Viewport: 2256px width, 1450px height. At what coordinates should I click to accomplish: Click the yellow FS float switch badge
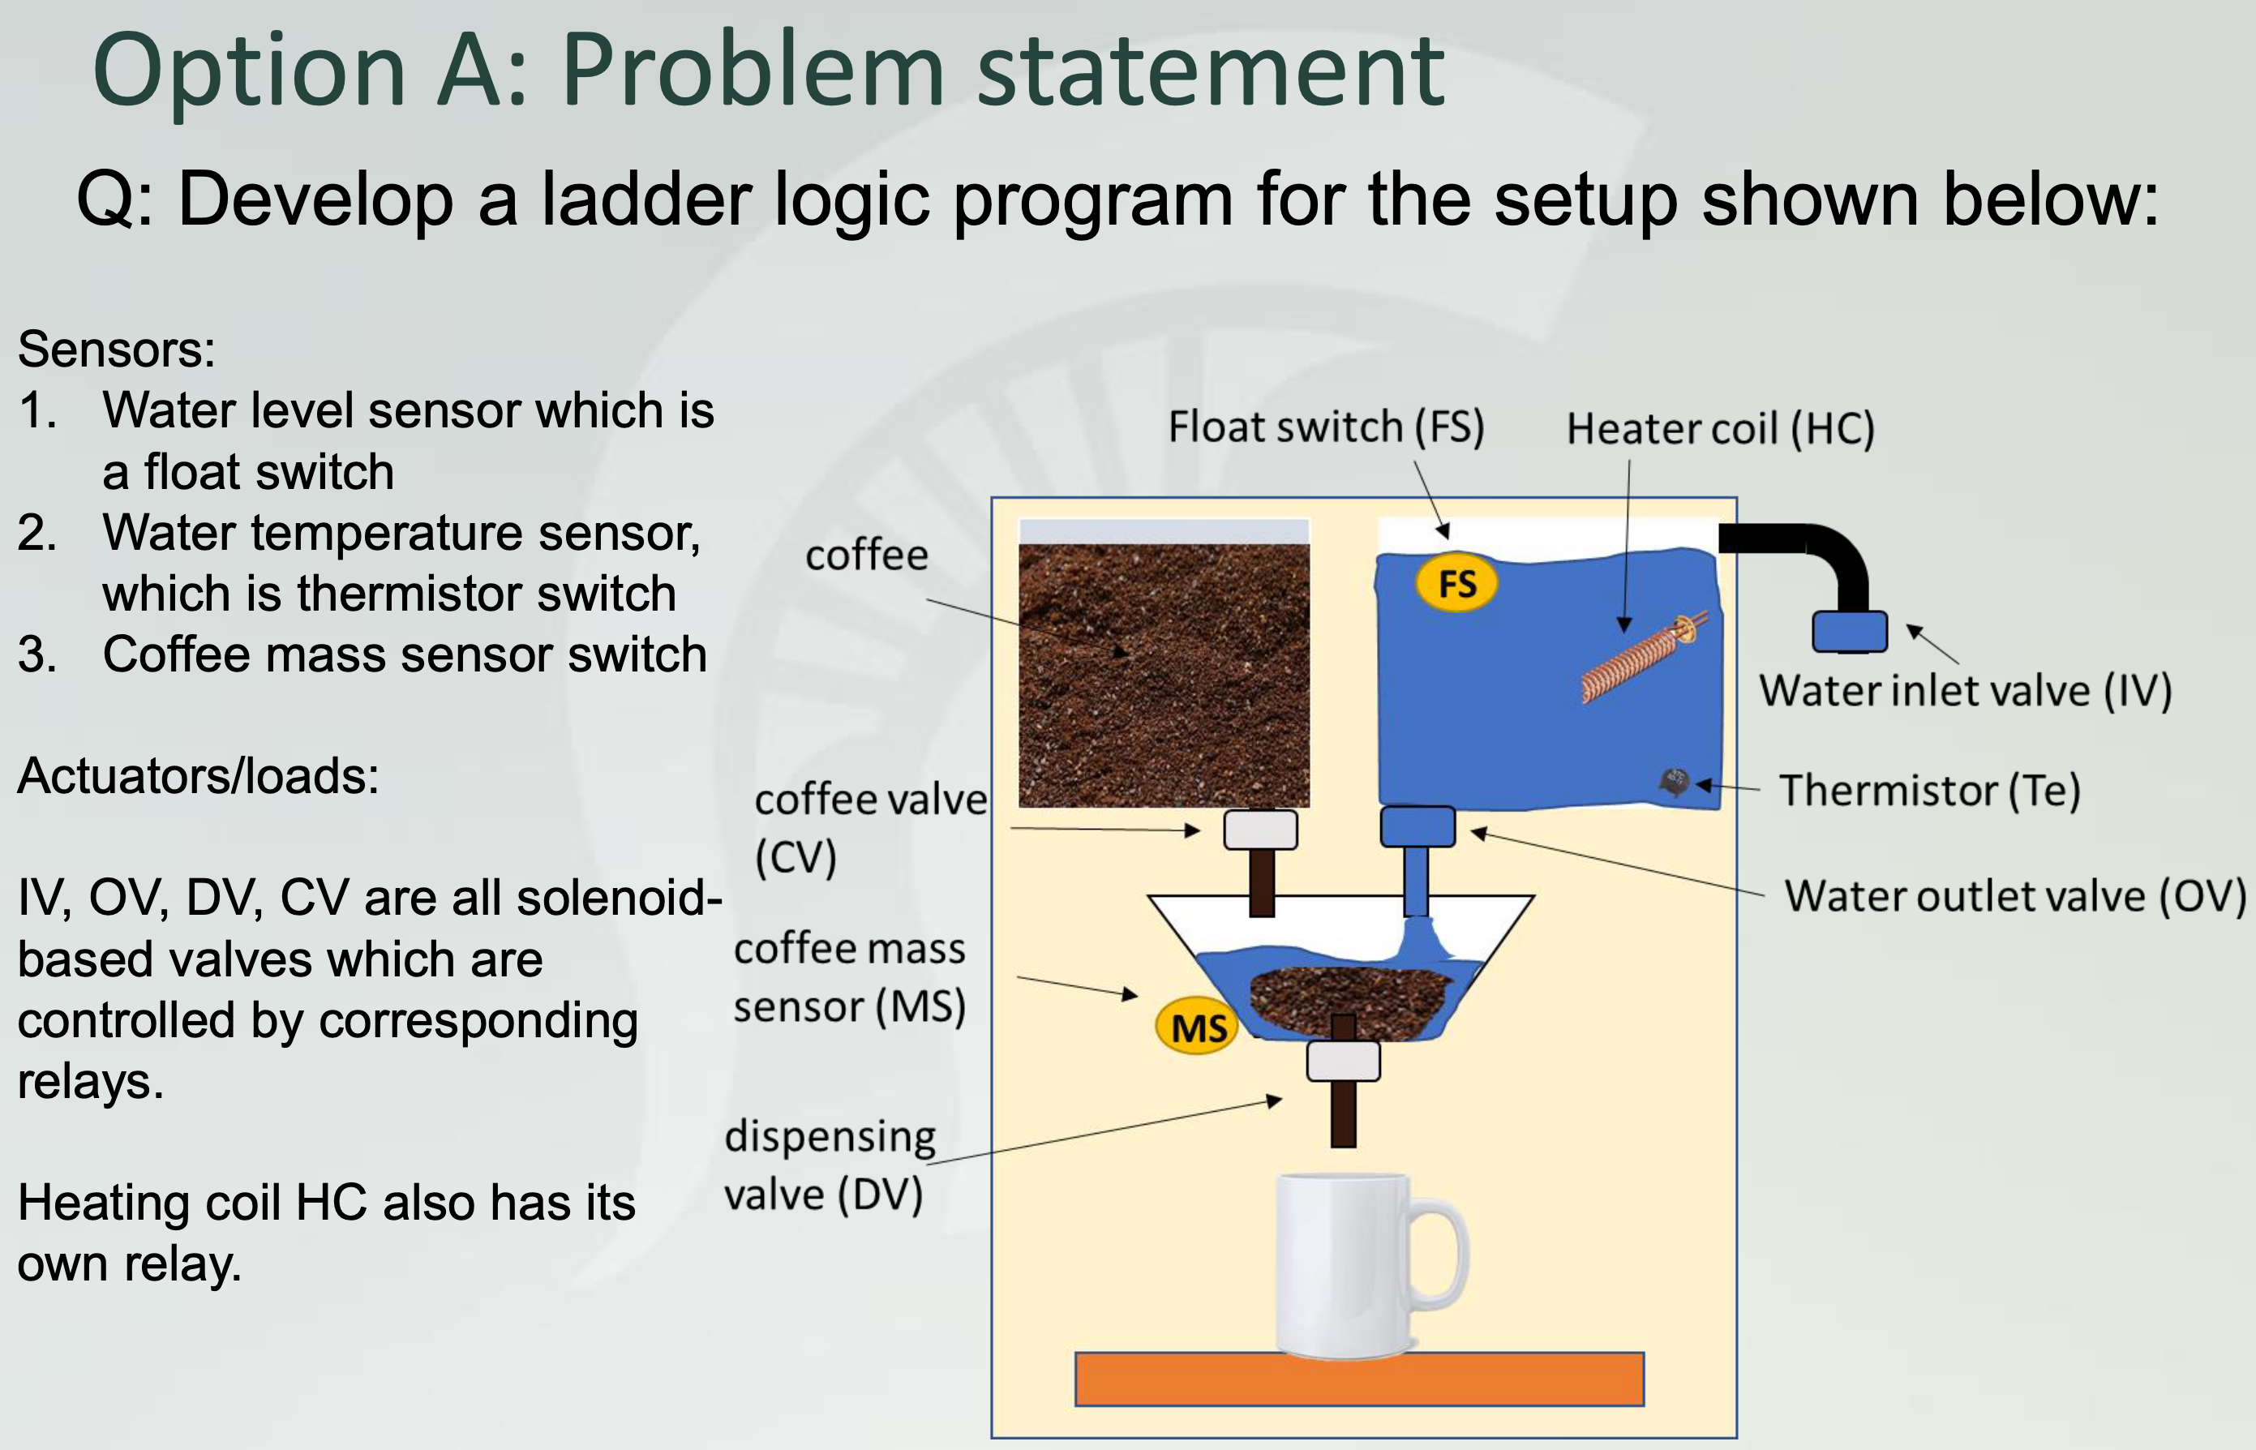1456,584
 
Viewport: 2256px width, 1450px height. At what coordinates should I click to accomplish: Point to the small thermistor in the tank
1674,781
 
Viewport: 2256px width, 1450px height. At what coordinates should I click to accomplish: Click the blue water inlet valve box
1849,631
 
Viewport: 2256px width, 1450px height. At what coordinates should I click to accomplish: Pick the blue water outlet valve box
1417,826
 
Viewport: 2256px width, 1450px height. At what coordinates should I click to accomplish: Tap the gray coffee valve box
1260,830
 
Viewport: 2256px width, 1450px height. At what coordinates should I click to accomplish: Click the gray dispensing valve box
1344,1060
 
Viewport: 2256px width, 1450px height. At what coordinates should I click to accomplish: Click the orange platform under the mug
1358,1379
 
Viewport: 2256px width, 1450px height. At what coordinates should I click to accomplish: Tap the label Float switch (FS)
1326,427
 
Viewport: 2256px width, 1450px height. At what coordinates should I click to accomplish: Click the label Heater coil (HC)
1720,428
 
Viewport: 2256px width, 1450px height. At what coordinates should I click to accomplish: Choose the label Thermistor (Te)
1929,790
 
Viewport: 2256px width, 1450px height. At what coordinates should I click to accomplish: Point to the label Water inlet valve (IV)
1965,690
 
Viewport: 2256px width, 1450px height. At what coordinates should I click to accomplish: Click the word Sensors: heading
117,350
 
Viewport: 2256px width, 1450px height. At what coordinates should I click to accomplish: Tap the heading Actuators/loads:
198,776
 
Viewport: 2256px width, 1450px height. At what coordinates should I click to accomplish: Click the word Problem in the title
753,71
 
